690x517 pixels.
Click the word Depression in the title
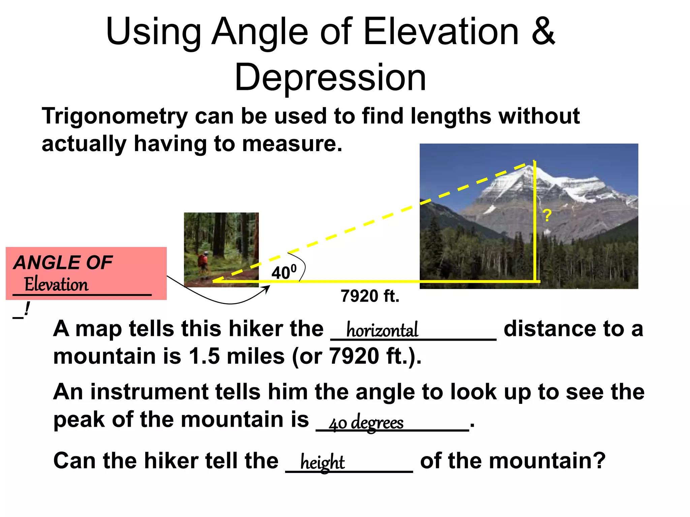pyautogui.click(x=330, y=78)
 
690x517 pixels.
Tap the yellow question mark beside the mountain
pyautogui.click(x=547, y=215)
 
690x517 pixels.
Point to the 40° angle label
pyautogui.click(x=284, y=272)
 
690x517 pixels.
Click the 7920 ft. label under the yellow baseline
pyautogui.click(x=370, y=296)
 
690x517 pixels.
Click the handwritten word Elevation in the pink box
pyautogui.click(x=56, y=284)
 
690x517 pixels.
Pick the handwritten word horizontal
pyautogui.click(x=382, y=330)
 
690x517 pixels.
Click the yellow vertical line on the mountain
pyautogui.click(x=535, y=236)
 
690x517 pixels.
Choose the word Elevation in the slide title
pyautogui.click(x=441, y=32)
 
